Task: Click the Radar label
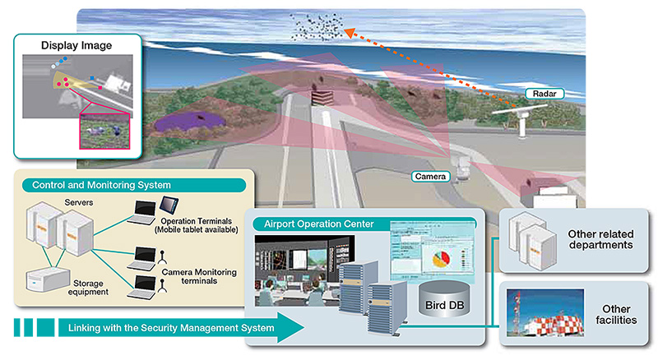(539, 94)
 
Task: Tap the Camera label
(430, 176)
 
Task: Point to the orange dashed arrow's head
(349, 33)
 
